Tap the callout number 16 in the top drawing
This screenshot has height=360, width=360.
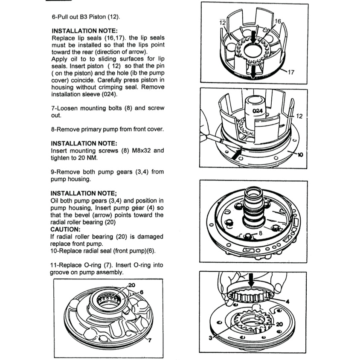(x=278, y=21)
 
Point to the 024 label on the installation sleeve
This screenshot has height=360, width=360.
(x=257, y=110)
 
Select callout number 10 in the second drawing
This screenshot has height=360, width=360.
(x=300, y=155)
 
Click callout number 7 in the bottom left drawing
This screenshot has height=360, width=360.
(x=148, y=340)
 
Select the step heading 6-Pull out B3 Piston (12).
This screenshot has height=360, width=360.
(x=85, y=17)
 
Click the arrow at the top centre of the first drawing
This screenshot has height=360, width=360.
(x=254, y=38)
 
